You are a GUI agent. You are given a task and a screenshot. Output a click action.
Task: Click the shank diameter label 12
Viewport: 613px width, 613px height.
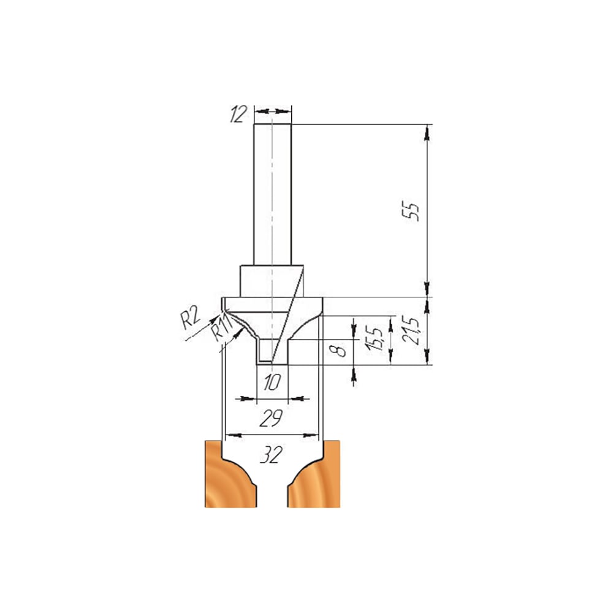[238, 114]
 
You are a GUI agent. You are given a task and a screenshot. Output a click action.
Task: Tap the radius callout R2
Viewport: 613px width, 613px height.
[190, 317]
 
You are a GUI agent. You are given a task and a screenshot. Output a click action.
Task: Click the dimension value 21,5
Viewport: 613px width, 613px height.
[411, 330]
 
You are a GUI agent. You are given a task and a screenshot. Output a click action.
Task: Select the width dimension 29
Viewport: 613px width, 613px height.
[270, 418]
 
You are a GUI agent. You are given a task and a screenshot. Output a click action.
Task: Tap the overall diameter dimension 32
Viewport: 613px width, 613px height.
[270, 455]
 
